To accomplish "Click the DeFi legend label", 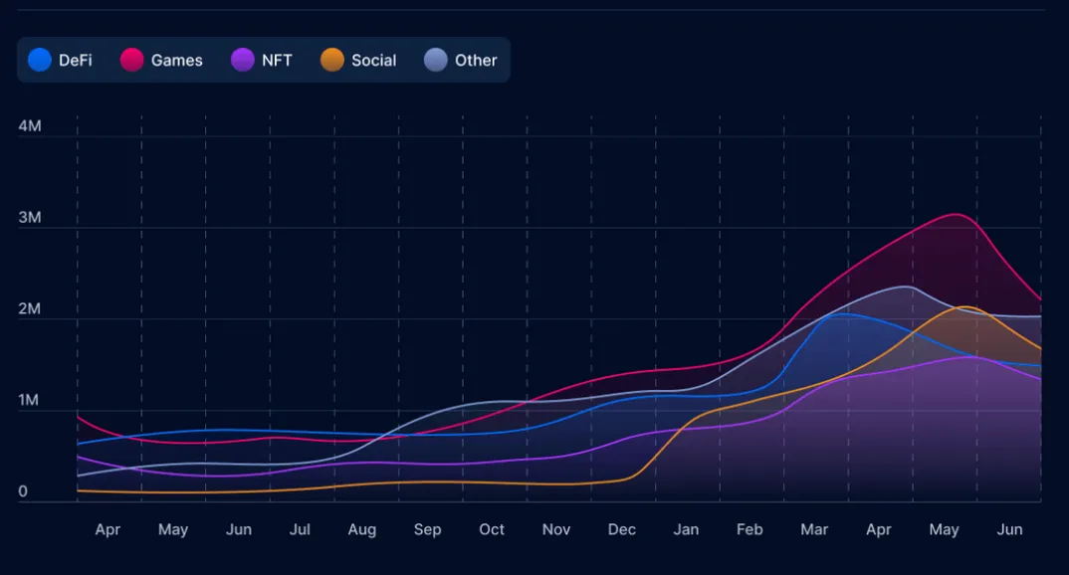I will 76,61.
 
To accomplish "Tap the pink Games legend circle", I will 132,61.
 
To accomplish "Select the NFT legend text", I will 277,61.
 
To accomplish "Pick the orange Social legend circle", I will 332,61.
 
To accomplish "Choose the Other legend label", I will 476,61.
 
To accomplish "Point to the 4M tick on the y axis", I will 30,126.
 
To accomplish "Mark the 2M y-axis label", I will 30,309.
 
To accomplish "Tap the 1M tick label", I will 30,401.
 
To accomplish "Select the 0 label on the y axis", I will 23,491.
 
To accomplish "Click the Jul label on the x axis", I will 300,529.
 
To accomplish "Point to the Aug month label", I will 362,529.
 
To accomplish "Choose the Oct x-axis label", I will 492,529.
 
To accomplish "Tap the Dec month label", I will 622,529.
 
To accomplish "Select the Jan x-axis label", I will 686,529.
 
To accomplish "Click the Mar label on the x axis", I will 814,529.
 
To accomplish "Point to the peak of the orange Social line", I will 963,306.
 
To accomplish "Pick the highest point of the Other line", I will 906,287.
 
